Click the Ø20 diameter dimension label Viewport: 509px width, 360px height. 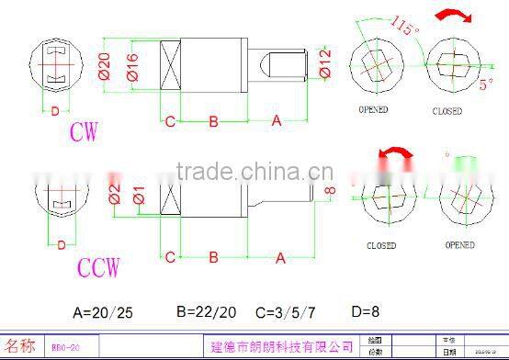click(105, 67)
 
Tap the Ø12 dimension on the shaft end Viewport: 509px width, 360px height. click(325, 64)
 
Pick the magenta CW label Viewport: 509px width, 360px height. click(85, 131)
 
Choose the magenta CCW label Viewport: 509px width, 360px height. click(98, 268)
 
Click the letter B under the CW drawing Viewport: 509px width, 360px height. click(212, 121)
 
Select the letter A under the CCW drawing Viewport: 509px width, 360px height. click(280, 260)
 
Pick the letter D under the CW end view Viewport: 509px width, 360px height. click(55, 111)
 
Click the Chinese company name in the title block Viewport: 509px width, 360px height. click(282, 346)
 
